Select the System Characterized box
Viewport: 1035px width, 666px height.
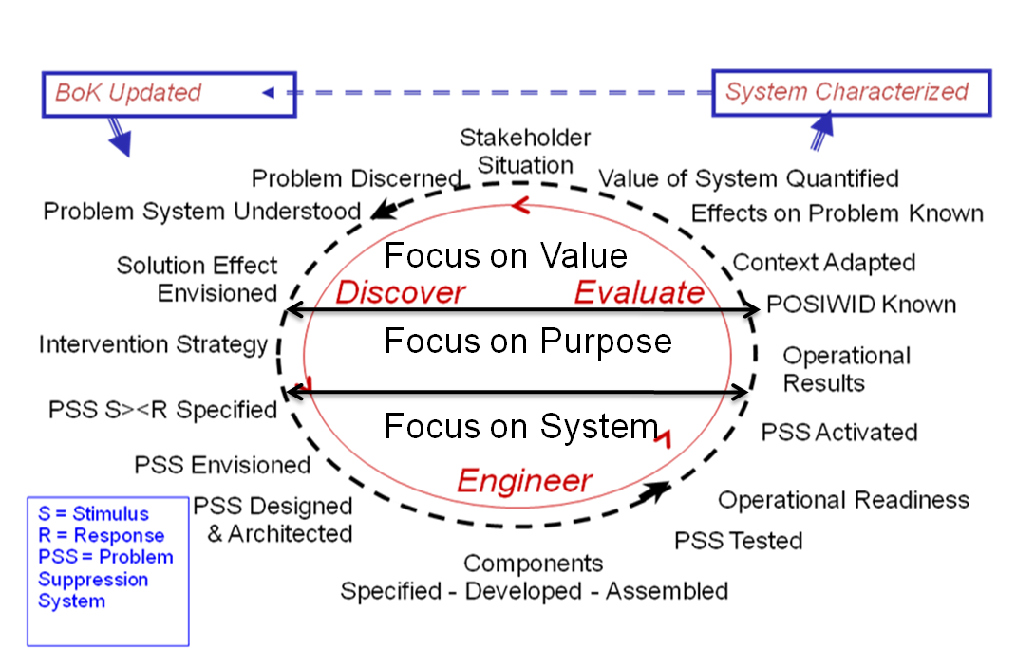851,93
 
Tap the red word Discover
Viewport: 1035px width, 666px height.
400,292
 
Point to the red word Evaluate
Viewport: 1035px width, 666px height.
639,292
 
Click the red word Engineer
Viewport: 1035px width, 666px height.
525,481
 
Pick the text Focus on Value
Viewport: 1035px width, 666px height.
505,256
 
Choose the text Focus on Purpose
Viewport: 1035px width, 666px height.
528,341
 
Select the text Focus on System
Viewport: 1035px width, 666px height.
521,427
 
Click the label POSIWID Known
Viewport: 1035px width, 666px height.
861,305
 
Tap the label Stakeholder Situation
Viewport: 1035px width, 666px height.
525,151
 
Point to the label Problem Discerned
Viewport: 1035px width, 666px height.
356,178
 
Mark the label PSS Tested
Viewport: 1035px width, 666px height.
739,542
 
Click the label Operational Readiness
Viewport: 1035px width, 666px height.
843,501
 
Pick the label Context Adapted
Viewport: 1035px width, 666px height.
824,263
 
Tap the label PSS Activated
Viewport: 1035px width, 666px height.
839,433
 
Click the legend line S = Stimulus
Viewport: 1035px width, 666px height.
94,514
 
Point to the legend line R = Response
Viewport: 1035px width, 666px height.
102,536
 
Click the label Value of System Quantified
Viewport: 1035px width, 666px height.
748,178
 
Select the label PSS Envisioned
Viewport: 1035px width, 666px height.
222,466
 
